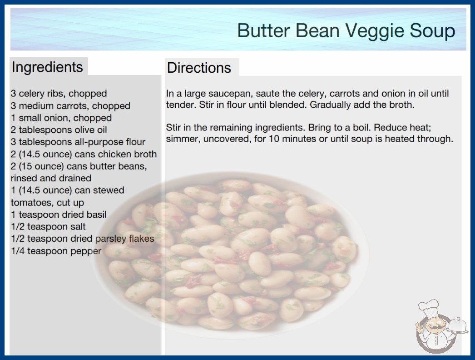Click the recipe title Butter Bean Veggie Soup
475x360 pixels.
[x=346, y=31]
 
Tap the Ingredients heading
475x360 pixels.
[x=47, y=67]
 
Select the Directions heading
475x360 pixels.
[x=199, y=68]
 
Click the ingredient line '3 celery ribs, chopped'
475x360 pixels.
[x=59, y=94]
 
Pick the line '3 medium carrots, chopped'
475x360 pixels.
[x=70, y=105]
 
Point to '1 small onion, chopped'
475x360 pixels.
[x=61, y=118]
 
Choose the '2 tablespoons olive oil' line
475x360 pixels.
[x=59, y=130]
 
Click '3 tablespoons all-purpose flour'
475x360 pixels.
[x=78, y=142]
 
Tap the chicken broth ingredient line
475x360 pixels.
[x=84, y=154]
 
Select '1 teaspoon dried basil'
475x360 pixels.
[x=59, y=215]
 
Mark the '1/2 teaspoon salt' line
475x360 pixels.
[x=48, y=226]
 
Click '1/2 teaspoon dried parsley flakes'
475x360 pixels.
[x=82, y=239]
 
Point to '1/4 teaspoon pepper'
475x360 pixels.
[x=56, y=251]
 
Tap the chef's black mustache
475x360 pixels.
[x=435, y=328]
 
